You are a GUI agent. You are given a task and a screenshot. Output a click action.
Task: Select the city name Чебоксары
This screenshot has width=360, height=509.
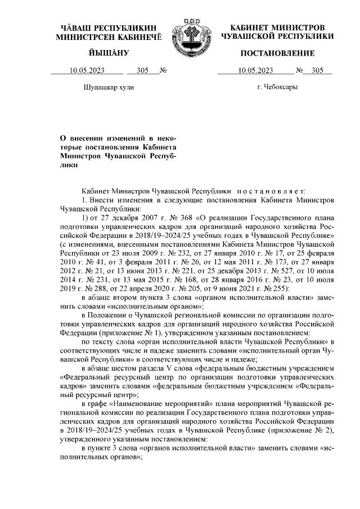click(x=277, y=87)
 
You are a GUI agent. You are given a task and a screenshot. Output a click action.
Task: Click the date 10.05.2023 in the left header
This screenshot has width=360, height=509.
click(x=87, y=71)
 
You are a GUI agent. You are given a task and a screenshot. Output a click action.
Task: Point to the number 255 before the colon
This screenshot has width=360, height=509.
click(x=278, y=288)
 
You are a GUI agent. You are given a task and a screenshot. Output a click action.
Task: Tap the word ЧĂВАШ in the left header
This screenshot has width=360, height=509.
click(x=75, y=28)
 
